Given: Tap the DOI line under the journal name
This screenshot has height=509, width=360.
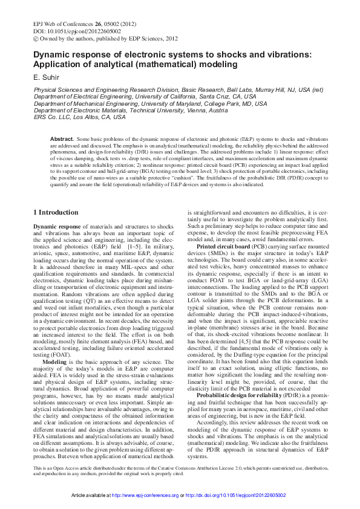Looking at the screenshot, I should tap(68, 30).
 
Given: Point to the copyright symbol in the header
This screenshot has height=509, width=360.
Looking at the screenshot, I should tap(36, 38).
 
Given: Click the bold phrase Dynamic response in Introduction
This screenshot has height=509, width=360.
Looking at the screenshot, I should tap(56, 226).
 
